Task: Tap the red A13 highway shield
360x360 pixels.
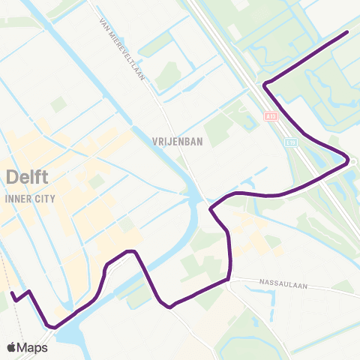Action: (271, 116)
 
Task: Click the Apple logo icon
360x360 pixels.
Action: (13, 347)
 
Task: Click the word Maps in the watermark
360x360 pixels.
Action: (33, 347)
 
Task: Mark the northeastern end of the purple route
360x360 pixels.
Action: (348, 32)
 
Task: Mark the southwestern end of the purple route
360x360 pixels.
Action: (11, 293)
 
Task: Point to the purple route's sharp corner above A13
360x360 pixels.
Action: (264, 85)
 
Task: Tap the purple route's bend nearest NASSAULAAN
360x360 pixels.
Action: (228, 280)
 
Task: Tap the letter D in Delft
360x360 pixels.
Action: (10, 178)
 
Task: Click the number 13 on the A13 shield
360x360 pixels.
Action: (273, 116)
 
